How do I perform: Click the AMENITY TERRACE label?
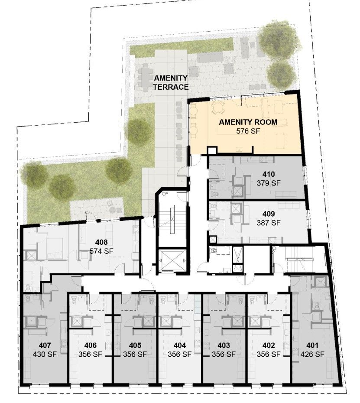[171, 82]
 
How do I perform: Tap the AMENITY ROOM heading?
[248, 122]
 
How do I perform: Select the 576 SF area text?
[248, 131]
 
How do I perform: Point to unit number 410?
[269, 174]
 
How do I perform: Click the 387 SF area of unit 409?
[269, 223]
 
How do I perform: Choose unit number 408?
[101, 242]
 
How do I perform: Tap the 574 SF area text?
[101, 251]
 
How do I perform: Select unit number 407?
[45, 345]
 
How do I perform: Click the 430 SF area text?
[45, 354]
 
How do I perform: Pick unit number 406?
[91, 345]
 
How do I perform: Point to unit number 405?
[135, 345]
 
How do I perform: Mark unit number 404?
[180, 345]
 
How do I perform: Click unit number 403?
[224, 345]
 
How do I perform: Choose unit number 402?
[269, 345]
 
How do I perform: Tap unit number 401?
[312, 345]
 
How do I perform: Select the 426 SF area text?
[312, 354]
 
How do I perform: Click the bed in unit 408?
[54, 248]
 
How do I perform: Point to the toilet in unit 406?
[75, 299]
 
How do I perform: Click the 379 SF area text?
[269, 183]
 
